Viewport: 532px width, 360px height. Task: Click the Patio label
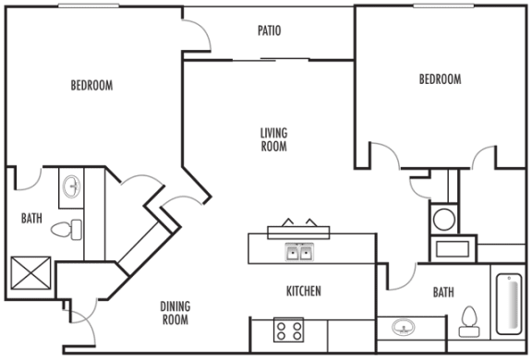pos(270,31)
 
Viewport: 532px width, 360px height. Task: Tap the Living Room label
pos(273,138)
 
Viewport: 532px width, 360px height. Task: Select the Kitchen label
pos(303,292)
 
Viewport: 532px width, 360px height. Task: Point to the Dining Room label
pos(175,314)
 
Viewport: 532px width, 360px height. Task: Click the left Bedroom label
pos(91,86)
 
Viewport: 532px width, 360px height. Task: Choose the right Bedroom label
pos(440,80)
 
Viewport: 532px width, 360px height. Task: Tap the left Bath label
pos(31,219)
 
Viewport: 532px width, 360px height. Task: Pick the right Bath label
pos(443,293)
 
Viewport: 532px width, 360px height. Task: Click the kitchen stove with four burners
pos(288,330)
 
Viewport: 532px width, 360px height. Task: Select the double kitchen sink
pos(297,251)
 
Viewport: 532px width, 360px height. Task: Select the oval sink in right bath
pos(404,329)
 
